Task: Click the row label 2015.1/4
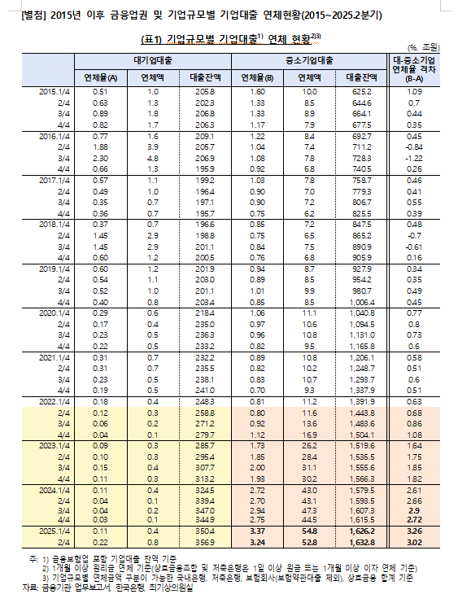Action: [x=55, y=92]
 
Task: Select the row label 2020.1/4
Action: [x=55, y=312]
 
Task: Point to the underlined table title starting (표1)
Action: [x=232, y=37]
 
